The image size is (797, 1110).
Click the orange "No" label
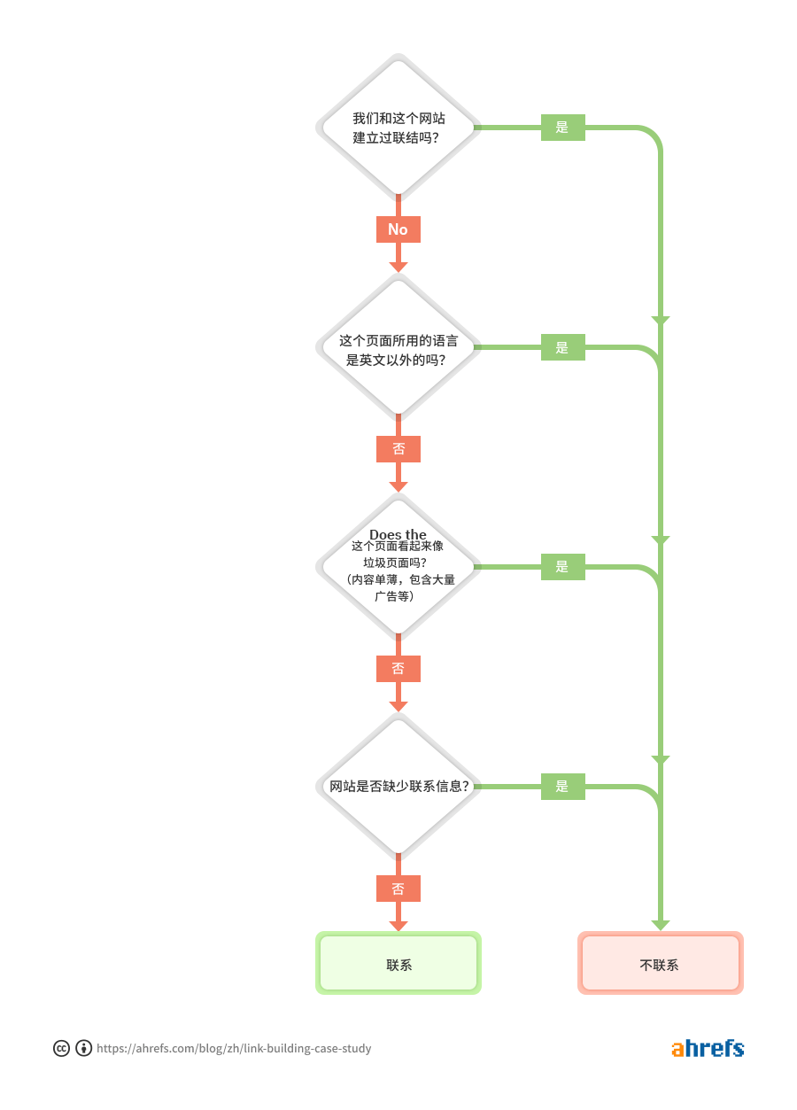click(398, 229)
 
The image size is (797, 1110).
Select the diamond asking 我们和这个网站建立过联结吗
click(398, 128)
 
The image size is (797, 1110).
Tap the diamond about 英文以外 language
click(398, 347)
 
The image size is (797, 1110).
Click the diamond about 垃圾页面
click(398, 571)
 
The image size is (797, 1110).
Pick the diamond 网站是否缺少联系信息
click(398, 786)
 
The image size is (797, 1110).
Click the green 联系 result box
click(398, 963)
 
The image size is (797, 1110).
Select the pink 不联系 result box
click(660, 963)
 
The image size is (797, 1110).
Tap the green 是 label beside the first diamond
click(562, 128)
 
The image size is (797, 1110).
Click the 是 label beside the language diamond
click(562, 347)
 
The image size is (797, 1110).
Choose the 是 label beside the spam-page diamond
click(562, 567)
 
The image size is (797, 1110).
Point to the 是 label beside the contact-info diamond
click(562, 787)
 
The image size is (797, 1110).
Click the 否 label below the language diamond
click(398, 449)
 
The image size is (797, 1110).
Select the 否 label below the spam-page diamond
click(398, 669)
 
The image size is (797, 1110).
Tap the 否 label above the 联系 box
click(398, 889)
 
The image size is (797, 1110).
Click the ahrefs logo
click(708, 1048)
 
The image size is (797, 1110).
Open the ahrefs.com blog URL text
click(234, 1049)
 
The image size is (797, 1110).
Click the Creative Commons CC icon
click(61, 1049)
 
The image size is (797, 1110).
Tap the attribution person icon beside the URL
click(84, 1049)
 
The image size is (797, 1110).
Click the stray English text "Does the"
click(398, 534)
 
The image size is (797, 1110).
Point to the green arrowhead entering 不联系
click(660, 925)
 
